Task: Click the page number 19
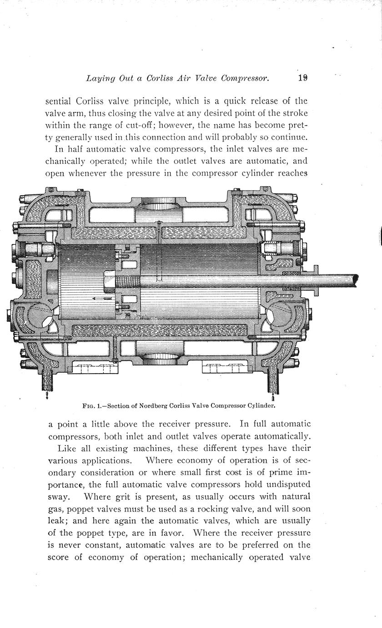click(302, 78)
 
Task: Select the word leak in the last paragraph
click(57, 521)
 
